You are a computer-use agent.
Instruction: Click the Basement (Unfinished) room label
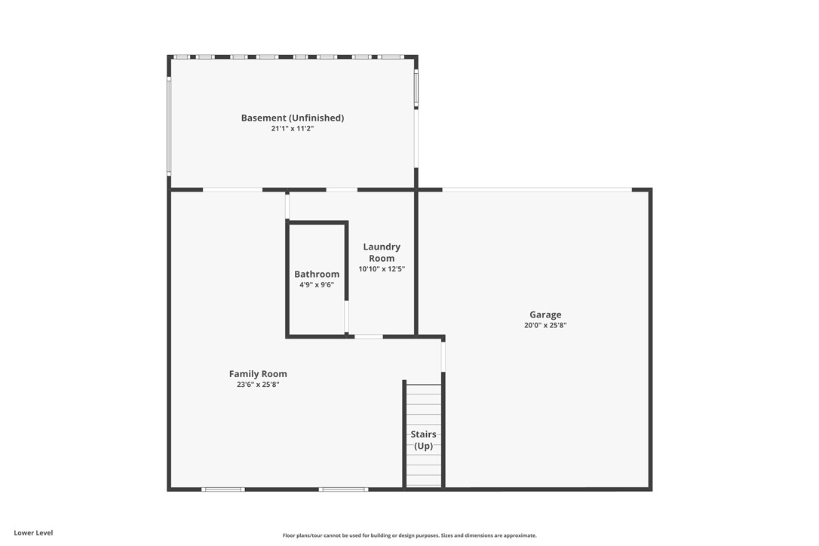293,118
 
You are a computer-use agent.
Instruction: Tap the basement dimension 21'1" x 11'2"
293,129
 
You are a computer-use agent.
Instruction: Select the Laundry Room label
382,252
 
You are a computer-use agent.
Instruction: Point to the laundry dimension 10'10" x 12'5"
382,269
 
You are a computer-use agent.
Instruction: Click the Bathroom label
317,275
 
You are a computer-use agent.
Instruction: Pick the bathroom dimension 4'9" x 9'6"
317,285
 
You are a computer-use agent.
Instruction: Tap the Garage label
545,314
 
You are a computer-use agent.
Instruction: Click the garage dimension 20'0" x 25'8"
545,326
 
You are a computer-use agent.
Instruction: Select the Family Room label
258,374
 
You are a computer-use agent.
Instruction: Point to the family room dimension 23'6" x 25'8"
258,385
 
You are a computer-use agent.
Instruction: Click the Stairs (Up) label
423,440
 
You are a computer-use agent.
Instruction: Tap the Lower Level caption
33,532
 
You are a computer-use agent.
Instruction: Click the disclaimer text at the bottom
409,535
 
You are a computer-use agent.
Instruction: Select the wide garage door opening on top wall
536,189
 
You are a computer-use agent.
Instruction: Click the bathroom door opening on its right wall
347,317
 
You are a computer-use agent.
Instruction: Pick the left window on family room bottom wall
223,489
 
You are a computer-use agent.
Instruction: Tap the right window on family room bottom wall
343,489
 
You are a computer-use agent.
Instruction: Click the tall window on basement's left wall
169,126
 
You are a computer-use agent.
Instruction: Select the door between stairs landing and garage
443,356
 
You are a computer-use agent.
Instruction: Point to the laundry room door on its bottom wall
369,336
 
